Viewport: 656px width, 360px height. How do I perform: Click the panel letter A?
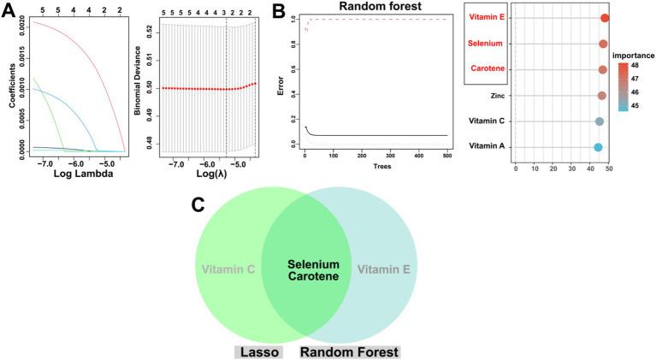[x=9, y=10]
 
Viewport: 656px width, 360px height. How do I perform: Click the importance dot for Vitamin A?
[x=598, y=147]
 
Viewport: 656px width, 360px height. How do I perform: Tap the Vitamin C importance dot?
[x=600, y=121]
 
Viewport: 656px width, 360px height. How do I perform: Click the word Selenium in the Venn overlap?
[x=313, y=264]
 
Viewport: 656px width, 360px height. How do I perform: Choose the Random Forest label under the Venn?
[x=350, y=351]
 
